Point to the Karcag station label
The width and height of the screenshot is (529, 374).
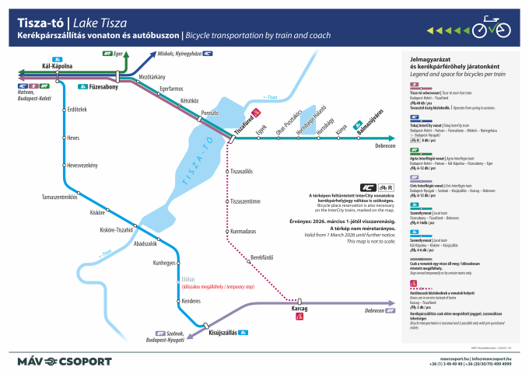(x=299, y=309)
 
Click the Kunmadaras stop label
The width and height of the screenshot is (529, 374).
(x=243, y=231)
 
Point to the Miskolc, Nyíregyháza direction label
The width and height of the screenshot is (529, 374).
(x=179, y=54)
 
